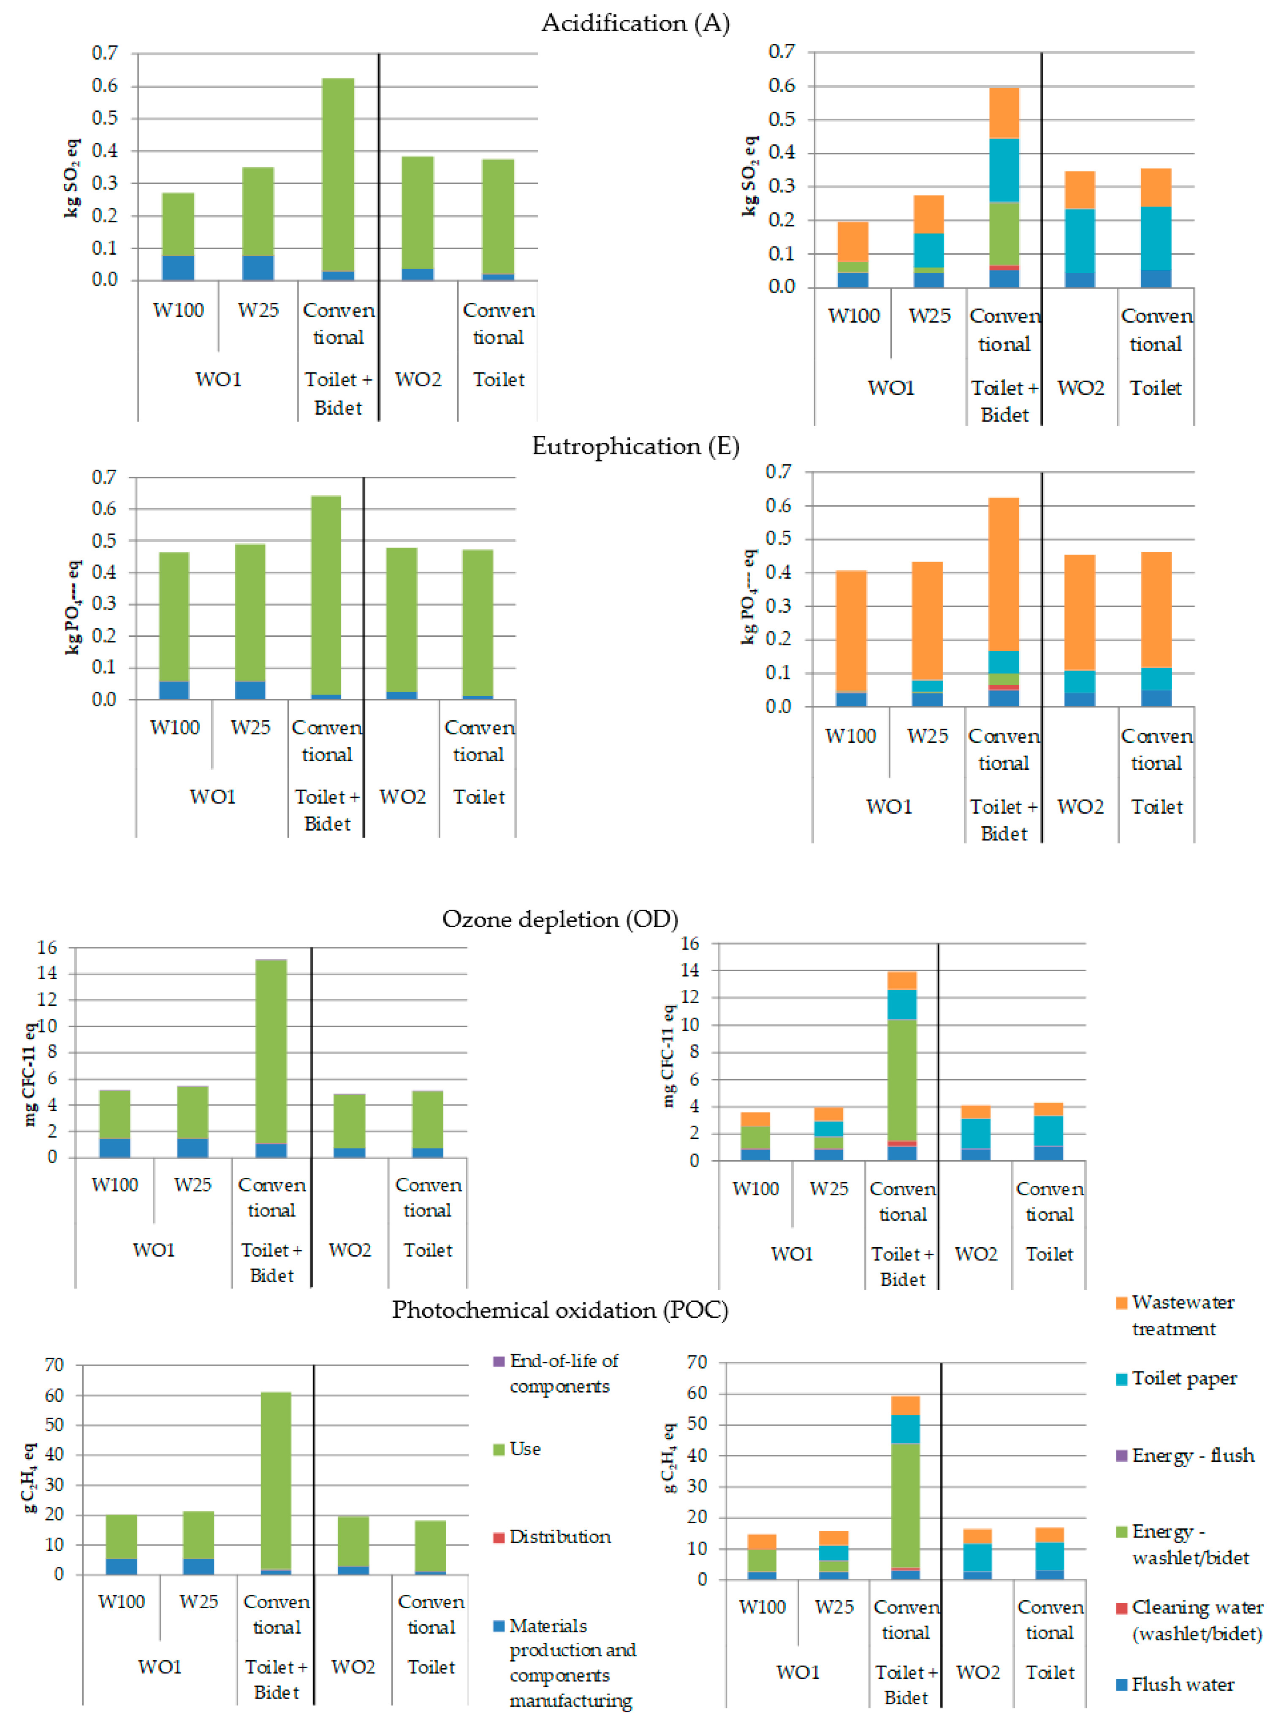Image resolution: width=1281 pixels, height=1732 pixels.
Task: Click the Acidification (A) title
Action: (x=635, y=23)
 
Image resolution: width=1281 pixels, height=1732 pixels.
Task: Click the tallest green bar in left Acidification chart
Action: (x=338, y=174)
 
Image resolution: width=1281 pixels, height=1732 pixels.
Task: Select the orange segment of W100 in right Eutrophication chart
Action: (x=852, y=631)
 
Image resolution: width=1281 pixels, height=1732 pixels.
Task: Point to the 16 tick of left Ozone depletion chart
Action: (x=47, y=947)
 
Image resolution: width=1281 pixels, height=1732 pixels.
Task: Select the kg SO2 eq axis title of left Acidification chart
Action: (x=71, y=178)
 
